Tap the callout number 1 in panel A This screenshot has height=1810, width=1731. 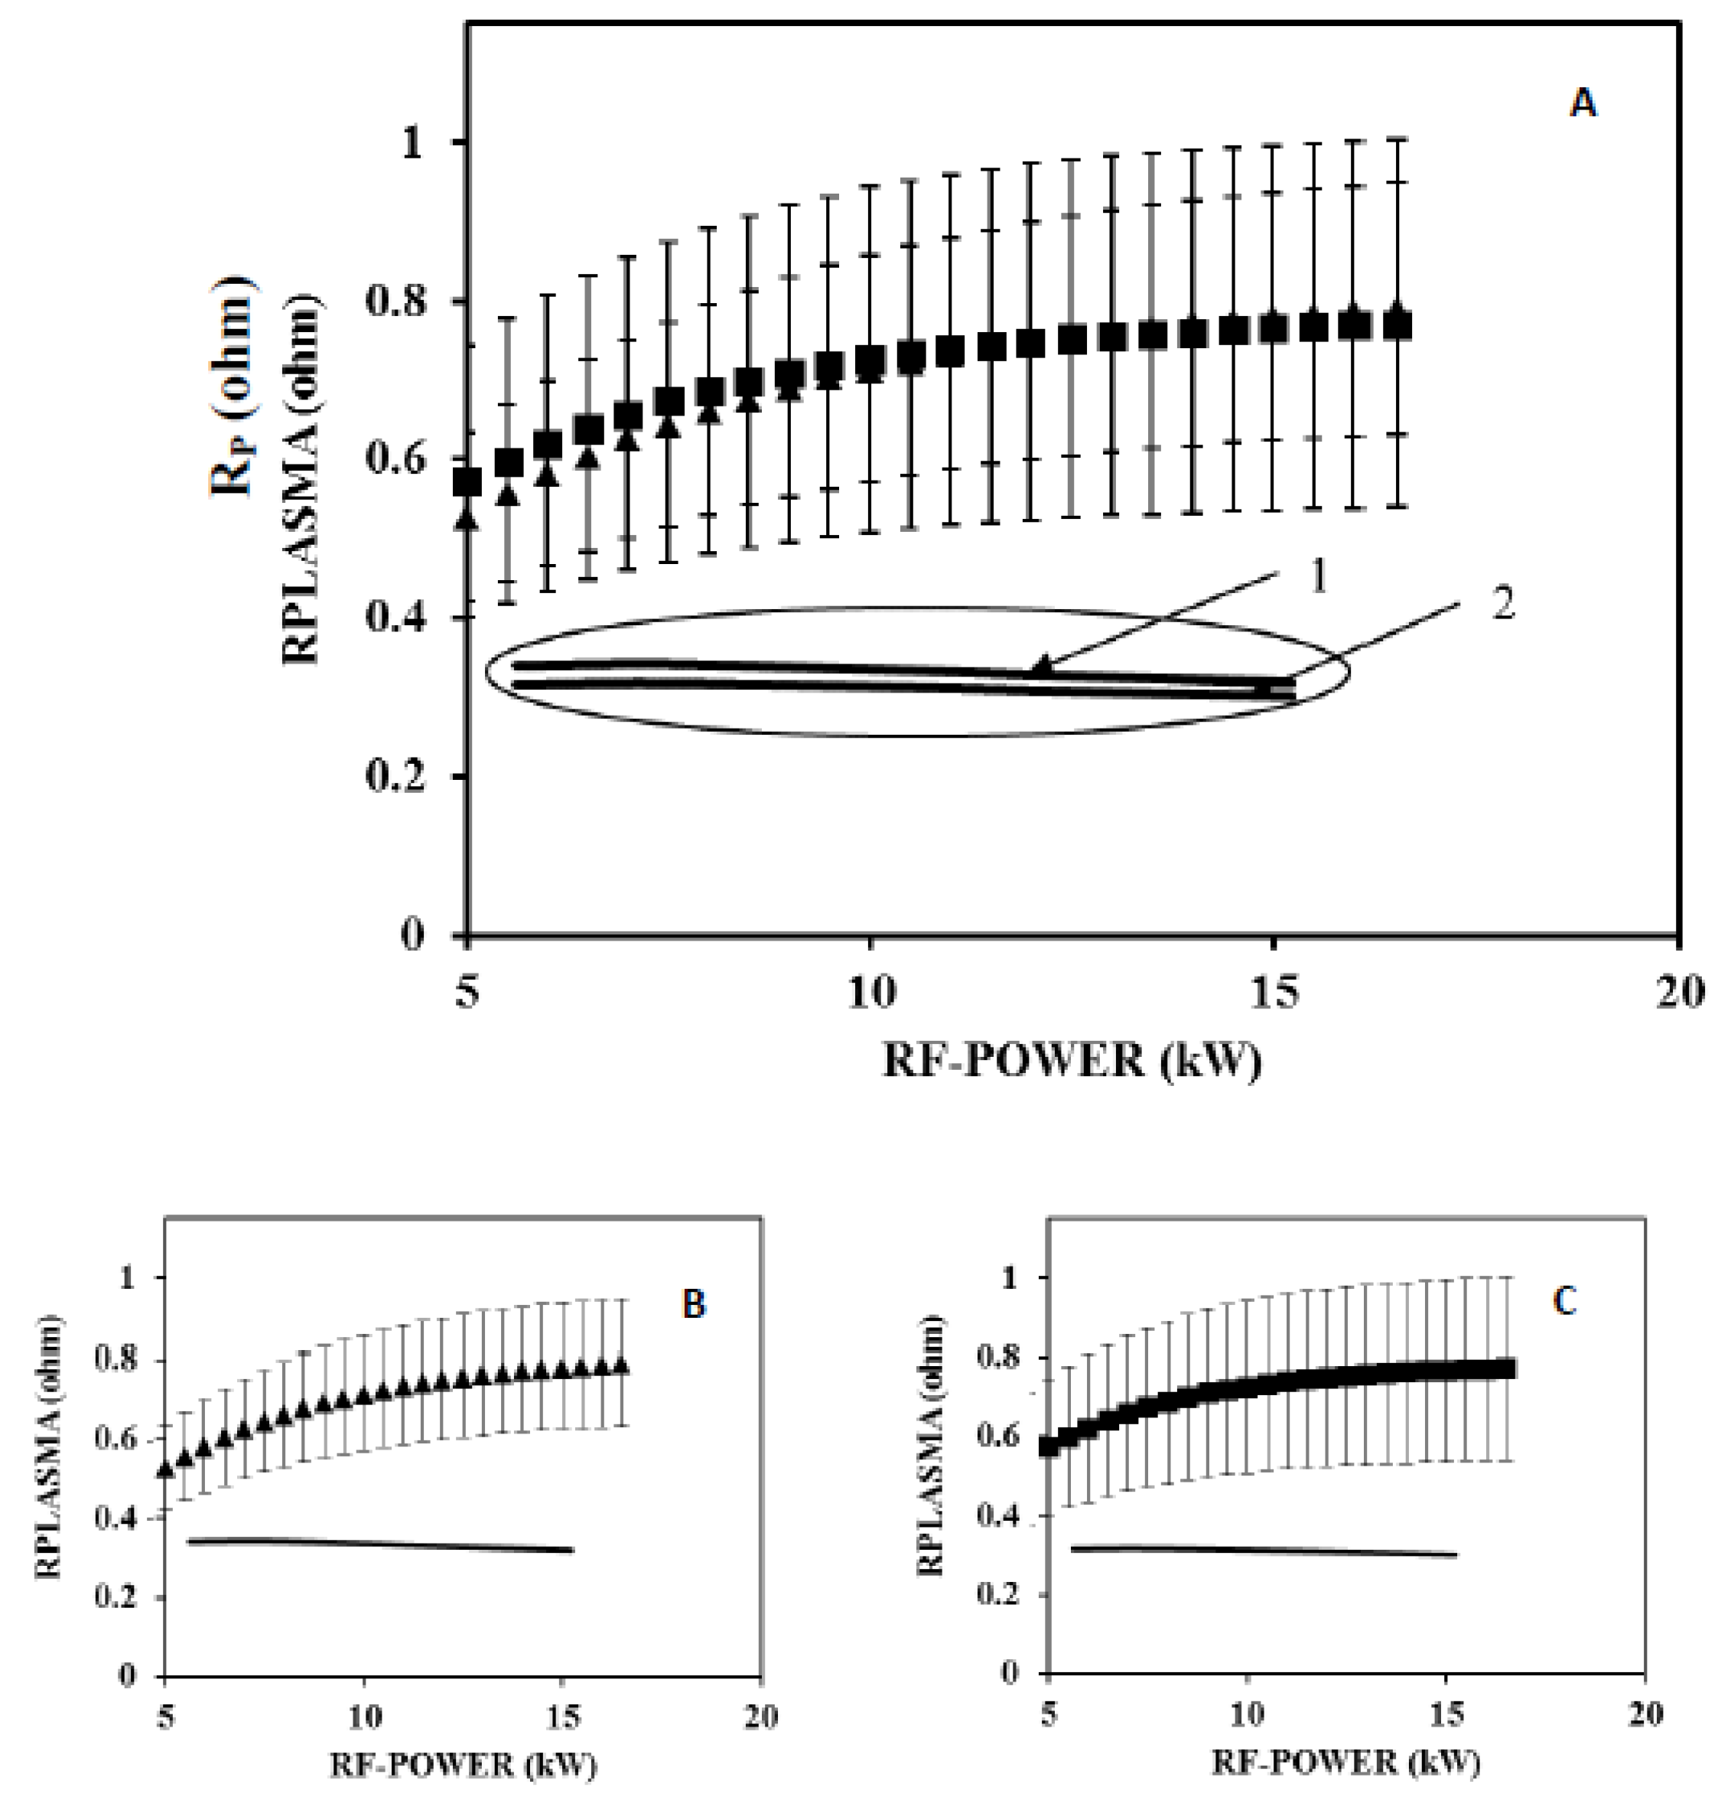pos(1318,578)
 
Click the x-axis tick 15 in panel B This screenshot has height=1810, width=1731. pos(563,1717)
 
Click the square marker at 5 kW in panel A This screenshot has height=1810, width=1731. pos(468,482)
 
